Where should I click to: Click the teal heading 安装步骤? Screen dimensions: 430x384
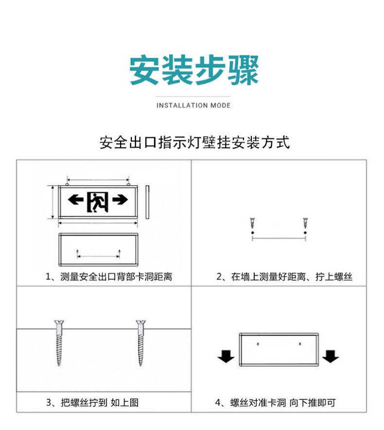point(193,71)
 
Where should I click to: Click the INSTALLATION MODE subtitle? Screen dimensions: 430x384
point(193,105)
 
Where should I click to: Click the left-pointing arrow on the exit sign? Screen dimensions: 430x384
point(76,199)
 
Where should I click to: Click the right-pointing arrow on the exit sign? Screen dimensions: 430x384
point(120,199)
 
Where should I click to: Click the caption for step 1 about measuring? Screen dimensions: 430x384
point(109,277)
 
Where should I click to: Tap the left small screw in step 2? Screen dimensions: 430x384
point(253,224)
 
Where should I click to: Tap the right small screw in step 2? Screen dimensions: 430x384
point(305,224)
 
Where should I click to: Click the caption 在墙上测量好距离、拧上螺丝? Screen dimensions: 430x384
point(284,277)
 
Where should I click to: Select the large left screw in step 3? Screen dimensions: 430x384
point(59,342)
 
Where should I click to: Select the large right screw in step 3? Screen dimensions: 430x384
point(141,342)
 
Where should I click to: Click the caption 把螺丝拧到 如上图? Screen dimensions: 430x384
point(92,403)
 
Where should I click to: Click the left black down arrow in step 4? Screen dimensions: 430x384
point(226,357)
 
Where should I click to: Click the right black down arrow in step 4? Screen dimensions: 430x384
point(331,357)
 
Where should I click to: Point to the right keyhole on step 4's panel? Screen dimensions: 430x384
point(300,344)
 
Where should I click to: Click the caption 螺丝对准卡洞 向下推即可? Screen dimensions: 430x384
point(276,403)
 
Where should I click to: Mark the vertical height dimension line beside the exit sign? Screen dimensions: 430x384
point(52,202)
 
